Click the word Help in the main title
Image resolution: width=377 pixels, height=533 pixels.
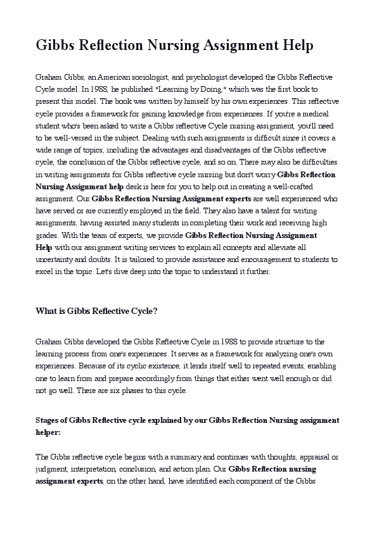click(297, 46)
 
